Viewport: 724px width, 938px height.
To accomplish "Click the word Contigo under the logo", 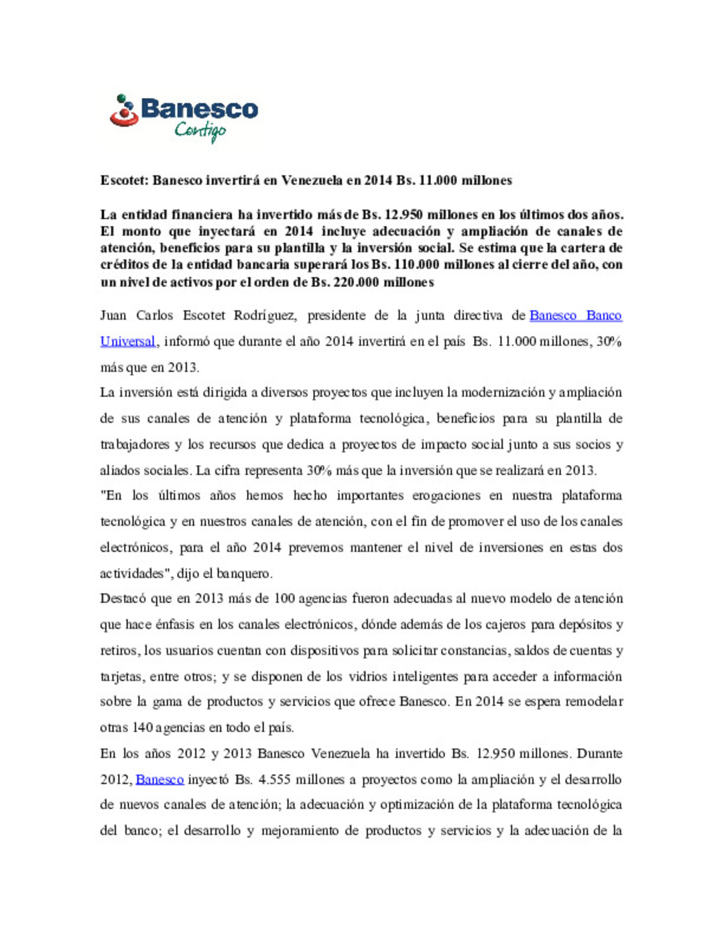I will tap(200, 129).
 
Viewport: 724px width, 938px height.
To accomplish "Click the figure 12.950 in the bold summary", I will tap(403, 215).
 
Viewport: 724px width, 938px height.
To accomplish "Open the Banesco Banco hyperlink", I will tap(575, 315).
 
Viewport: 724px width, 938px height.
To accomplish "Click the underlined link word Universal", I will tap(127, 342).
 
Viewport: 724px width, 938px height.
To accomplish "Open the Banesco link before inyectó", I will tap(160, 780).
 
